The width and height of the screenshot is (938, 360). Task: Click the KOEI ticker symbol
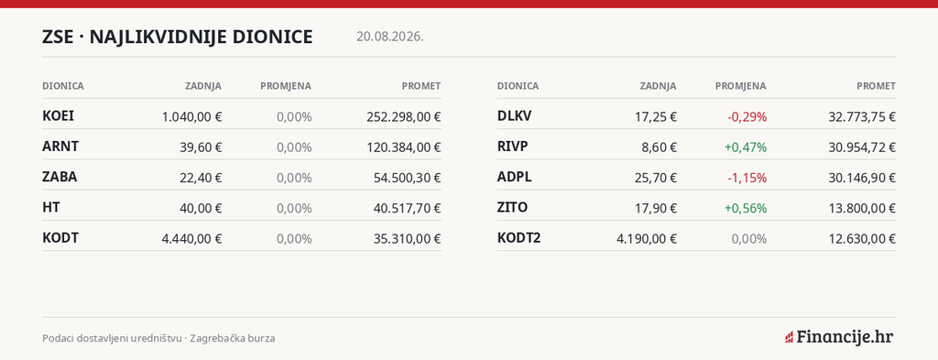coord(58,116)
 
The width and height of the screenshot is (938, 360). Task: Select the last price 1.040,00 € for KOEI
coord(191,116)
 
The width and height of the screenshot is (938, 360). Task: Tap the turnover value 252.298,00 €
coord(404,116)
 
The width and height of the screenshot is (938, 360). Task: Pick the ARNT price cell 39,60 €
coord(201,147)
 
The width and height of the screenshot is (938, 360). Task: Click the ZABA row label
coord(60,177)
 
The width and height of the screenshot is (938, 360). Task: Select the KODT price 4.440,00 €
coord(191,238)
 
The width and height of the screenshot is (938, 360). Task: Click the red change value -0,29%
coord(747,116)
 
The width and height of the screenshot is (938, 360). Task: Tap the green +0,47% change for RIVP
coord(746,147)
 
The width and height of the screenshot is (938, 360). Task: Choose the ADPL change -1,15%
coord(747,178)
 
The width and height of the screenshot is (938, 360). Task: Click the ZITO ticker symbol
coord(513,208)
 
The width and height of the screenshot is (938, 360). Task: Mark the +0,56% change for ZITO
coord(746,208)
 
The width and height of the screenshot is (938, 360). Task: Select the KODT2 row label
coord(519,238)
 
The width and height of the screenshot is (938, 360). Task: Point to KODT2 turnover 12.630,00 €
coord(862,238)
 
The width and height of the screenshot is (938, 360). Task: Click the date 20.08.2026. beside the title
coord(390,37)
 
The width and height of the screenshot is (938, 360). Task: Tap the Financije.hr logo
coord(839,337)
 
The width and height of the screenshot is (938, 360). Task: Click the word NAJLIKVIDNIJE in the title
coord(158,37)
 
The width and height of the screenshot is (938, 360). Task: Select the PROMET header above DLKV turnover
coord(877,86)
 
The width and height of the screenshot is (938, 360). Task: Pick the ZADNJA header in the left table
coord(202,86)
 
